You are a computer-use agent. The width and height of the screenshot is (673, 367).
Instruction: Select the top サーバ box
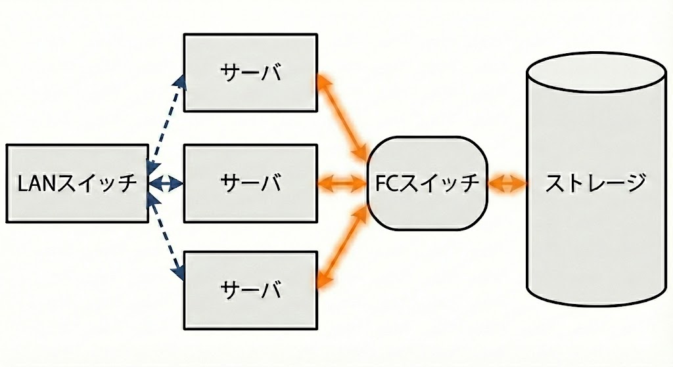pyautogui.click(x=250, y=72)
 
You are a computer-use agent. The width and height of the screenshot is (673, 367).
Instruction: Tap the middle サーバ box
pyautogui.click(x=250, y=183)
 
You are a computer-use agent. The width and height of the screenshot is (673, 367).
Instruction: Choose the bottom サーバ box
pyautogui.click(x=250, y=289)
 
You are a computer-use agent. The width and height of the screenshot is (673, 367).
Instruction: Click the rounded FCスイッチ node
pyautogui.click(x=428, y=183)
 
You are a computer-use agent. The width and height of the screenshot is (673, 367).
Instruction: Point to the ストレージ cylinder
pyautogui.click(x=596, y=197)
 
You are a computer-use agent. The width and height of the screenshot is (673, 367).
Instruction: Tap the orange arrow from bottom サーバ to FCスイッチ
pyautogui.click(x=341, y=246)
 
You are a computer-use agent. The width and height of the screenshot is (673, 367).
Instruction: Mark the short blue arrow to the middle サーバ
pyautogui.click(x=166, y=183)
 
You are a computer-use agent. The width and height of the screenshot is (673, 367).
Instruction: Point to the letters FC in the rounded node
pyautogui.click(x=387, y=183)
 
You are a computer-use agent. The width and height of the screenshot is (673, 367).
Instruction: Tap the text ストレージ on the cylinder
pyautogui.click(x=596, y=183)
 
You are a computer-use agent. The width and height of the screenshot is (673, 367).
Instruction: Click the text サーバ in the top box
pyautogui.click(x=250, y=72)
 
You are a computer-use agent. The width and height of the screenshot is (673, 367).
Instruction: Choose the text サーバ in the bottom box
pyautogui.click(x=250, y=289)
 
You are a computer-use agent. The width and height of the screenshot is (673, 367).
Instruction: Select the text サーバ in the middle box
pyautogui.click(x=250, y=183)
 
